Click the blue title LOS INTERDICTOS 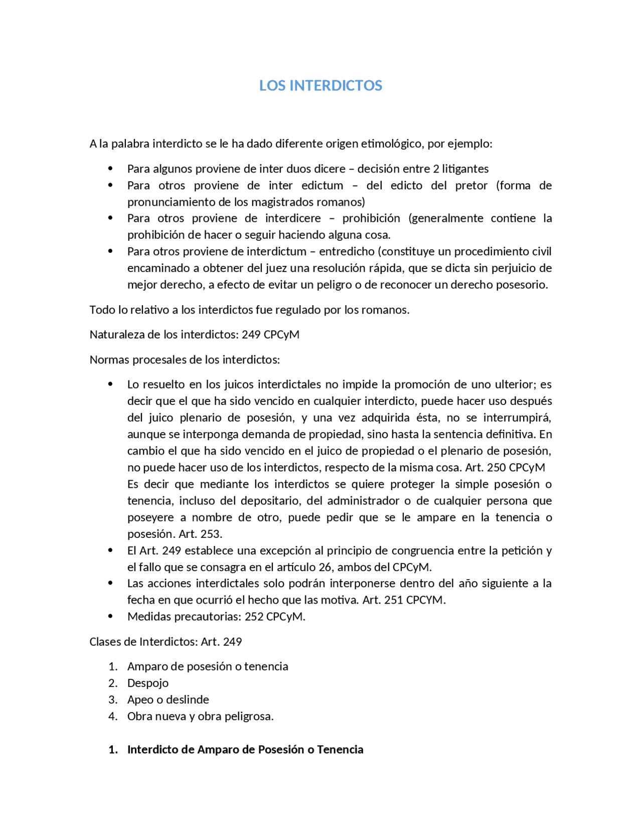(x=320, y=85)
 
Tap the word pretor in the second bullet (x=471, y=185)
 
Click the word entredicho (x=347, y=251)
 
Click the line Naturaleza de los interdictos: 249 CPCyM (x=194, y=334)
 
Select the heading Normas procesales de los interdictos (x=184, y=359)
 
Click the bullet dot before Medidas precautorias (x=110, y=616)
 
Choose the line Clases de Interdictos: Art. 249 (x=166, y=641)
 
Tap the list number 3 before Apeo (x=112, y=700)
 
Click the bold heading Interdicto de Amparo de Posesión (x=245, y=749)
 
